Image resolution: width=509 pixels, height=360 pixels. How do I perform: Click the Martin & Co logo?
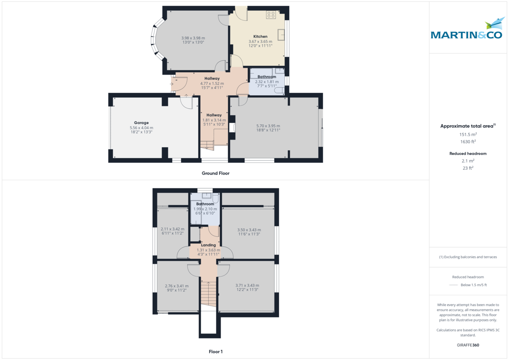(x=467, y=30)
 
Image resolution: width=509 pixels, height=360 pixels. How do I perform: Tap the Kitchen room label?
(x=260, y=36)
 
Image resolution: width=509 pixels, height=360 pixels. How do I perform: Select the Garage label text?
(x=141, y=123)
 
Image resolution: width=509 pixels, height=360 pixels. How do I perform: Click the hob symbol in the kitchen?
(x=271, y=15)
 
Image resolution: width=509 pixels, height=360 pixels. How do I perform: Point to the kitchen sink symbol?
(x=281, y=34)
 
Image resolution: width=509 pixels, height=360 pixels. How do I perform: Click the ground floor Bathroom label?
(x=267, y=77)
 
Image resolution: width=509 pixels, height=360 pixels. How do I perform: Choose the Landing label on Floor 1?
(x=208, y=245)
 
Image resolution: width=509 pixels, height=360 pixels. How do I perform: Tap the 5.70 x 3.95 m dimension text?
(x=268, y=126)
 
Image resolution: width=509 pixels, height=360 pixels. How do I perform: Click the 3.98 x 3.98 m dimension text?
(x=193, y=38)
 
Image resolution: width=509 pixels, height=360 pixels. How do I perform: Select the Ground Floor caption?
(x=215, y=173)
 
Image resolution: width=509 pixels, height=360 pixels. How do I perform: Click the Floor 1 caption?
(x=215, y=352)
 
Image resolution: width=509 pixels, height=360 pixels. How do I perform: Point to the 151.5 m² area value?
(x=467, y=134)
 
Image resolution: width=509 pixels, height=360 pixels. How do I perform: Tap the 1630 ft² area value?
(x=467, y=142)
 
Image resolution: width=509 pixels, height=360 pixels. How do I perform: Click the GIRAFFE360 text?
(x=467, y=345)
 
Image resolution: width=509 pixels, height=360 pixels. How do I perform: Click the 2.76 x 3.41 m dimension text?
(x=176, y=286)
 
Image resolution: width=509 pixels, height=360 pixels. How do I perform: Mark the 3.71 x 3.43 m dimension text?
(x=247, y=285)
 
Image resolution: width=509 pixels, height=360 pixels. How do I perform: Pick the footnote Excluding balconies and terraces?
(x=467, y=257)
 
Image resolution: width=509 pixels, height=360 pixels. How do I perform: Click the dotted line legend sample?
(x=453, y=285)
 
